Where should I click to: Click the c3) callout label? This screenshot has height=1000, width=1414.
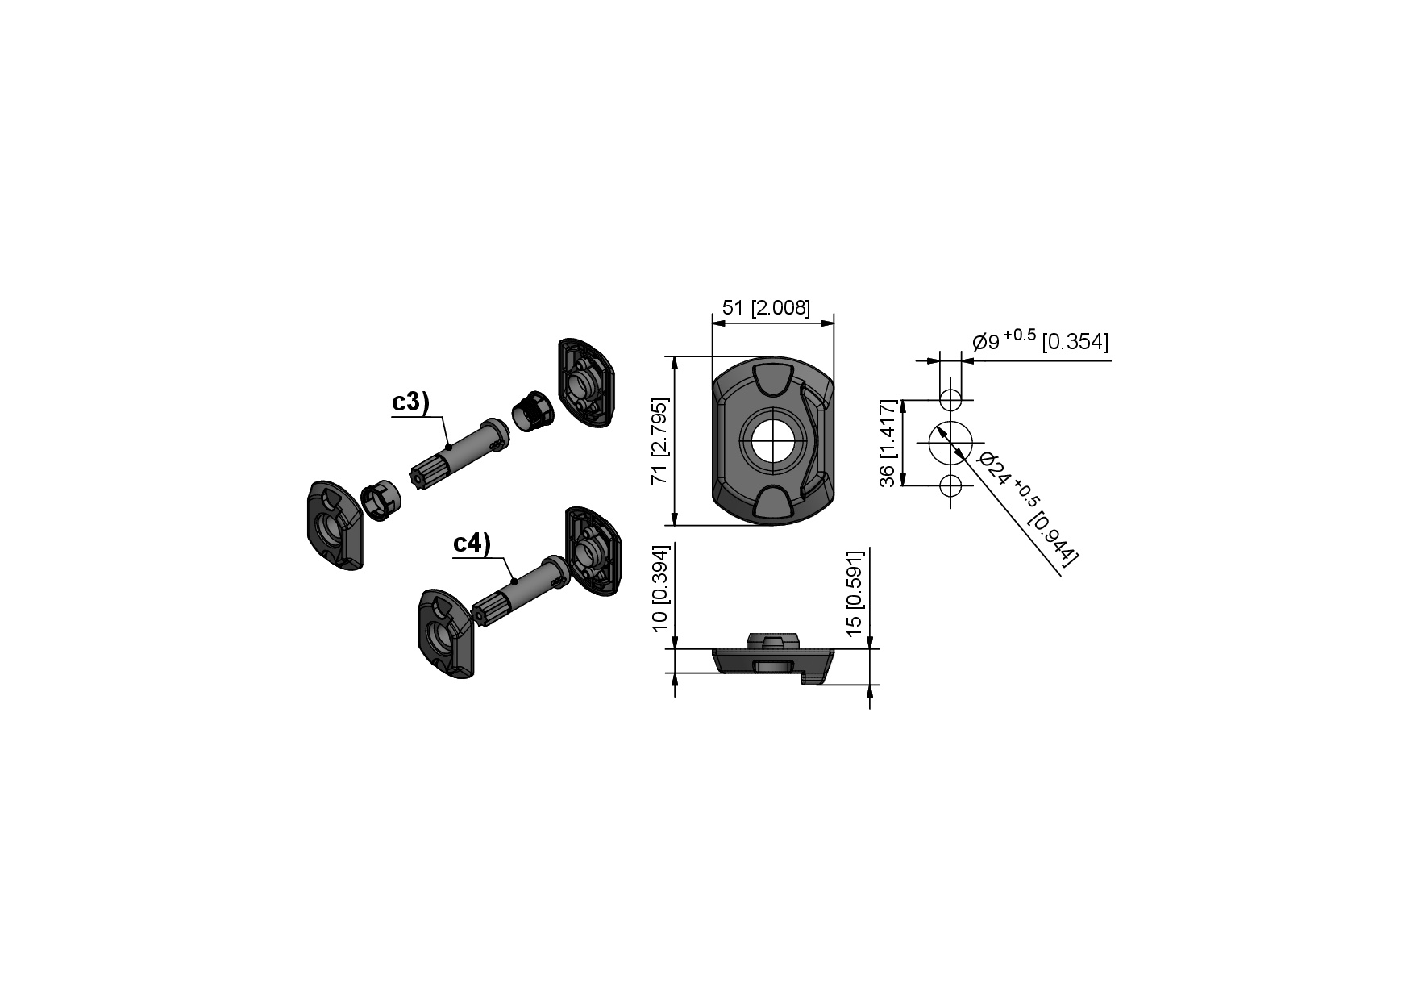point(410,402)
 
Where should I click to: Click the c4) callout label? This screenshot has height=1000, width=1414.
point(472,543)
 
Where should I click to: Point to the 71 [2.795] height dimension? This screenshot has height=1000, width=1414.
point(660,441)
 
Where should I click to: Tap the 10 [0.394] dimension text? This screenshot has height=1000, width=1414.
point(660,587)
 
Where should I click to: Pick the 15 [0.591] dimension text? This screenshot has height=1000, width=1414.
point(855,590)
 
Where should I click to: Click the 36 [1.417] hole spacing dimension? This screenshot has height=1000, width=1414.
point(888,443)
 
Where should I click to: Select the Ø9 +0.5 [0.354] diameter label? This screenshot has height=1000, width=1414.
point(1041,341)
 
